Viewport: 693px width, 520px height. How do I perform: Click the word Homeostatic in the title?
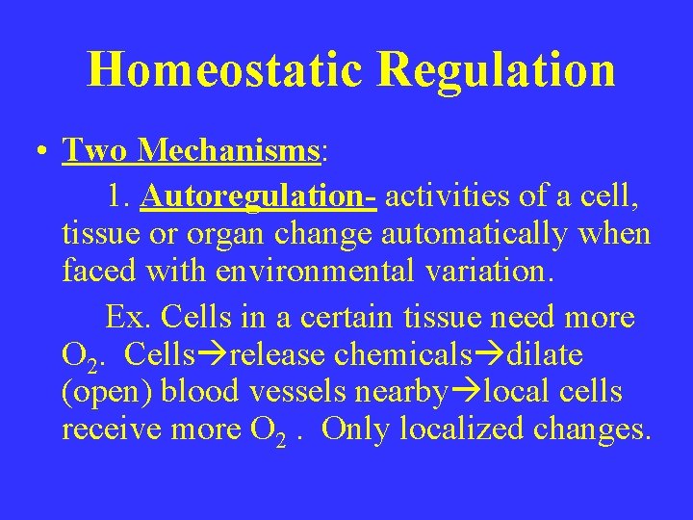click(223, 69)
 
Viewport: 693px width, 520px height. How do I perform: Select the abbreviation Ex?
click(122, 316)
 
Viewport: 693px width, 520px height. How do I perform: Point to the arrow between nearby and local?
click(468, 393)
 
